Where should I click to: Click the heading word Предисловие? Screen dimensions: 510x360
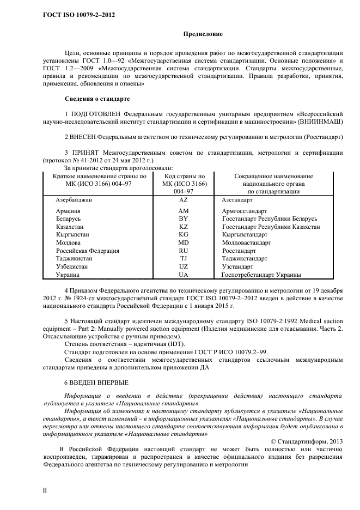pos(202,34)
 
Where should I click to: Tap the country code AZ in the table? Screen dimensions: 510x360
pos(183,201)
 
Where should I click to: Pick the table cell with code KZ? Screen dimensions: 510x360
pos(183,226)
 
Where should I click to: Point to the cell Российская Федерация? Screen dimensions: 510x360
pos(87,251)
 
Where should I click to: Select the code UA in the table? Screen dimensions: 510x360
pos(183,275)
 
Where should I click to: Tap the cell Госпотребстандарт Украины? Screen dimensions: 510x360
pos(261,275)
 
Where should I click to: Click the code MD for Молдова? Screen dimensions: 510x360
pos(183,242)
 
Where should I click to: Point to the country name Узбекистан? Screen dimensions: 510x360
pos(74,267)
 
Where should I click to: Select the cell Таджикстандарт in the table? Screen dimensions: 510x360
pos(245,259)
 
